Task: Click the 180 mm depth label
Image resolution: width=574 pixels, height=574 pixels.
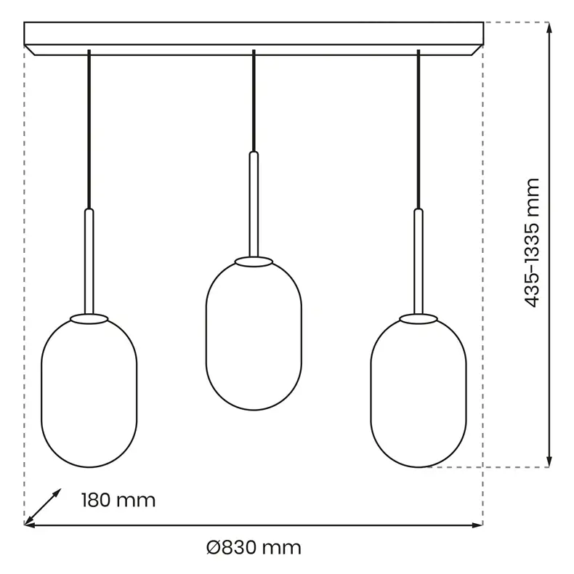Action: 118,500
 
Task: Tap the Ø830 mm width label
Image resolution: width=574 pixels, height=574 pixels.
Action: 254,548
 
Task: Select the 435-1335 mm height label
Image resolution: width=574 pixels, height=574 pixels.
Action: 532,243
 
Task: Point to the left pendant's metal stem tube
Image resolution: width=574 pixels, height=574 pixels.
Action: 89,262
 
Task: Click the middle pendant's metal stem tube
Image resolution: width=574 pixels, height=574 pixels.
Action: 254,204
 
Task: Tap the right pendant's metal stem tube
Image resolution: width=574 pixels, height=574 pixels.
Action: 419,262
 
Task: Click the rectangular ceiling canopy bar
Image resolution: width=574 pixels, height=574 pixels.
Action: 254,39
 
